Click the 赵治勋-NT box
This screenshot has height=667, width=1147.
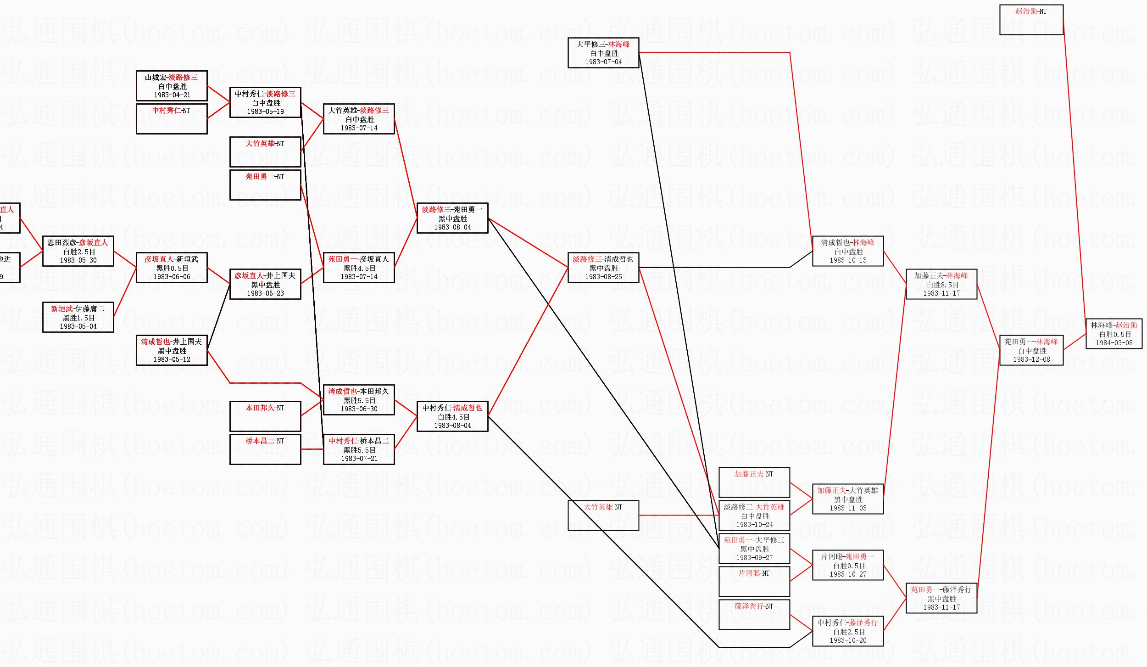[1031, 20]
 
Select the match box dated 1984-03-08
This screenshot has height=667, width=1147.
[1114, 334]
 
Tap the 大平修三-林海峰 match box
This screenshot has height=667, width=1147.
[603, 53]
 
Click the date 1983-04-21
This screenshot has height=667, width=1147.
[172, 95]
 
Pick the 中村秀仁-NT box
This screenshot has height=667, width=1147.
[172, 118]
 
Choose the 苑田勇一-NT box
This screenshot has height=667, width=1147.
[265, 185]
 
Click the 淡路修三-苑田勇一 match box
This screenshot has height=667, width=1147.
[452, 218]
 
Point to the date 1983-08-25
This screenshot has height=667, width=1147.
[603, 277]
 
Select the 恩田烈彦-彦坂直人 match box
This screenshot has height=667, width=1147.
[78, 251]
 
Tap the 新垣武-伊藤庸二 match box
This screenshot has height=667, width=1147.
[78, 317]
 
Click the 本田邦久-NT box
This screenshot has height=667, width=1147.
[265, 416]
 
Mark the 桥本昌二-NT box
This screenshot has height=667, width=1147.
[265, 449]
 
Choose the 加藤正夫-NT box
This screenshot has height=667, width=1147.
[754, 482]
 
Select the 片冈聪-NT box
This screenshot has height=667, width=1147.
[754, 581]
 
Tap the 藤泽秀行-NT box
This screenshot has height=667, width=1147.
[754, 614]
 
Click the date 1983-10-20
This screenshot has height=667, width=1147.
[848, 640]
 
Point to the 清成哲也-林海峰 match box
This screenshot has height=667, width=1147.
[847, 251]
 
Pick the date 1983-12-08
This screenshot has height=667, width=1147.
[1031, 359]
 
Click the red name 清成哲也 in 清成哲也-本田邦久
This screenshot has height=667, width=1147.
[342, 392]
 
